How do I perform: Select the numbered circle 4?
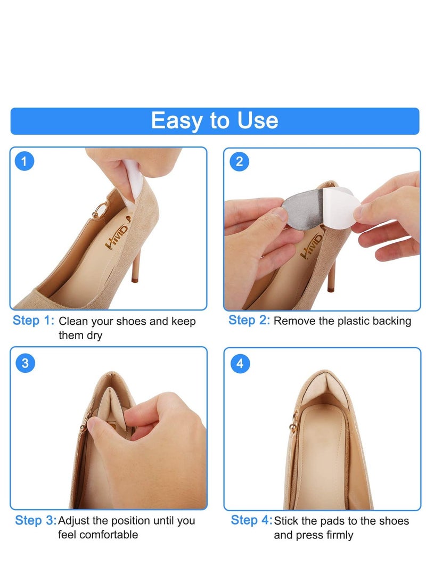pos(240,363)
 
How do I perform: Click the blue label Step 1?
pos(34,321)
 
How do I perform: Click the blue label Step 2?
pos(249,321)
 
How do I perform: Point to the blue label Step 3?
pos(35,520)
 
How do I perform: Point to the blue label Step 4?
pos(251,520)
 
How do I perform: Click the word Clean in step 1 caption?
pos(72,322)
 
